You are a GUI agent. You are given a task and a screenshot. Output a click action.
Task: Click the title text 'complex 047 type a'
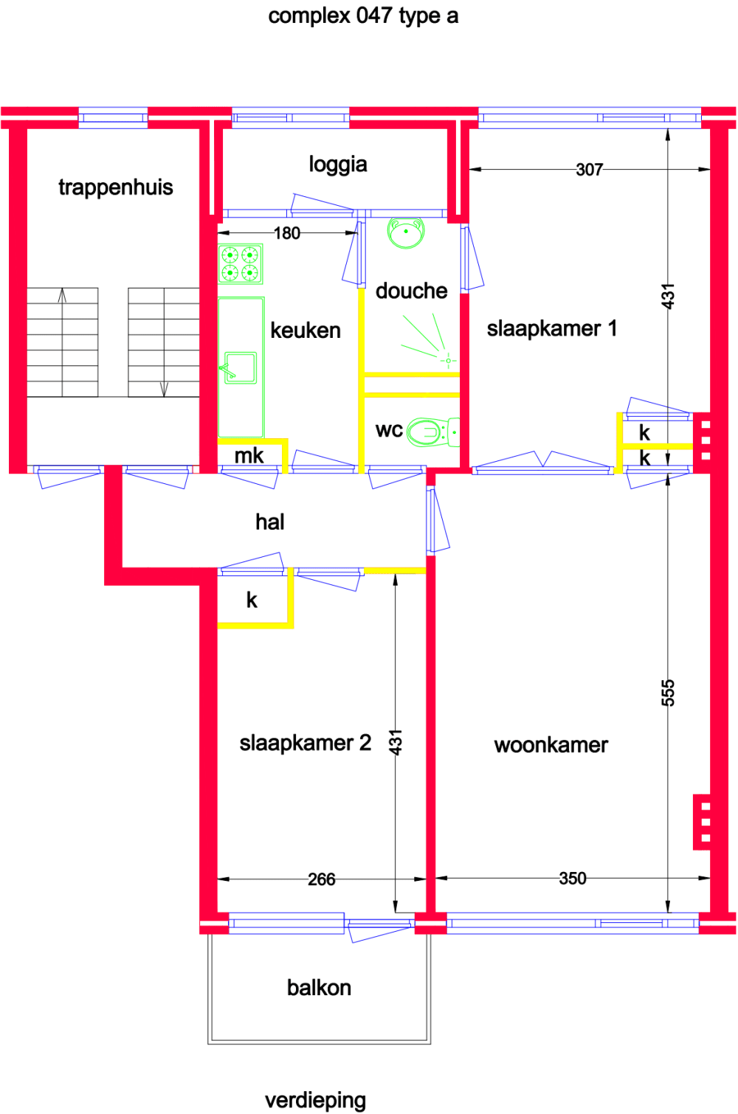363,15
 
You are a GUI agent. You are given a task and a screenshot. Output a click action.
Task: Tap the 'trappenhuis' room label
116,187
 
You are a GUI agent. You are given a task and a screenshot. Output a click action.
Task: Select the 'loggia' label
338,164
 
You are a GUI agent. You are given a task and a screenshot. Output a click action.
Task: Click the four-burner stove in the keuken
241,264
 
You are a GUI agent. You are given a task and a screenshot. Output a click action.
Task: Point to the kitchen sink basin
241,367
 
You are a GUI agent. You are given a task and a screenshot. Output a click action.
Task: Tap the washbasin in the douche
406,233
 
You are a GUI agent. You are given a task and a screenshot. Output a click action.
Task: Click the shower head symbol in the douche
447,360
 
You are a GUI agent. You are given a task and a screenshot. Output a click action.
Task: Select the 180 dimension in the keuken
287,233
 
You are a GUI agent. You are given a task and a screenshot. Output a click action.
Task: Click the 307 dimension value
590,170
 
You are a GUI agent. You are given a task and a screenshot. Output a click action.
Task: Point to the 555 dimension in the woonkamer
668,693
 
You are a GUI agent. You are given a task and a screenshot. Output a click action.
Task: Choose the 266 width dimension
322,879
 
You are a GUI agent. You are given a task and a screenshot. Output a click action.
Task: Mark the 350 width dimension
573,878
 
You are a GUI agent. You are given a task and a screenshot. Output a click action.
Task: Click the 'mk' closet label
249,455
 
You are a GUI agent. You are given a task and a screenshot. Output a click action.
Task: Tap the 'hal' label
270,522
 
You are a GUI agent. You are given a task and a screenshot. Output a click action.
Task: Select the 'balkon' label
319,987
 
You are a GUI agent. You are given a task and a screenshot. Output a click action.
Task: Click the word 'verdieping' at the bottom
316,1100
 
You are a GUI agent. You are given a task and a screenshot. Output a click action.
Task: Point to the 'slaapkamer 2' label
306,742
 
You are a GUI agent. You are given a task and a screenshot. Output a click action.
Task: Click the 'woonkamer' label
551,745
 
